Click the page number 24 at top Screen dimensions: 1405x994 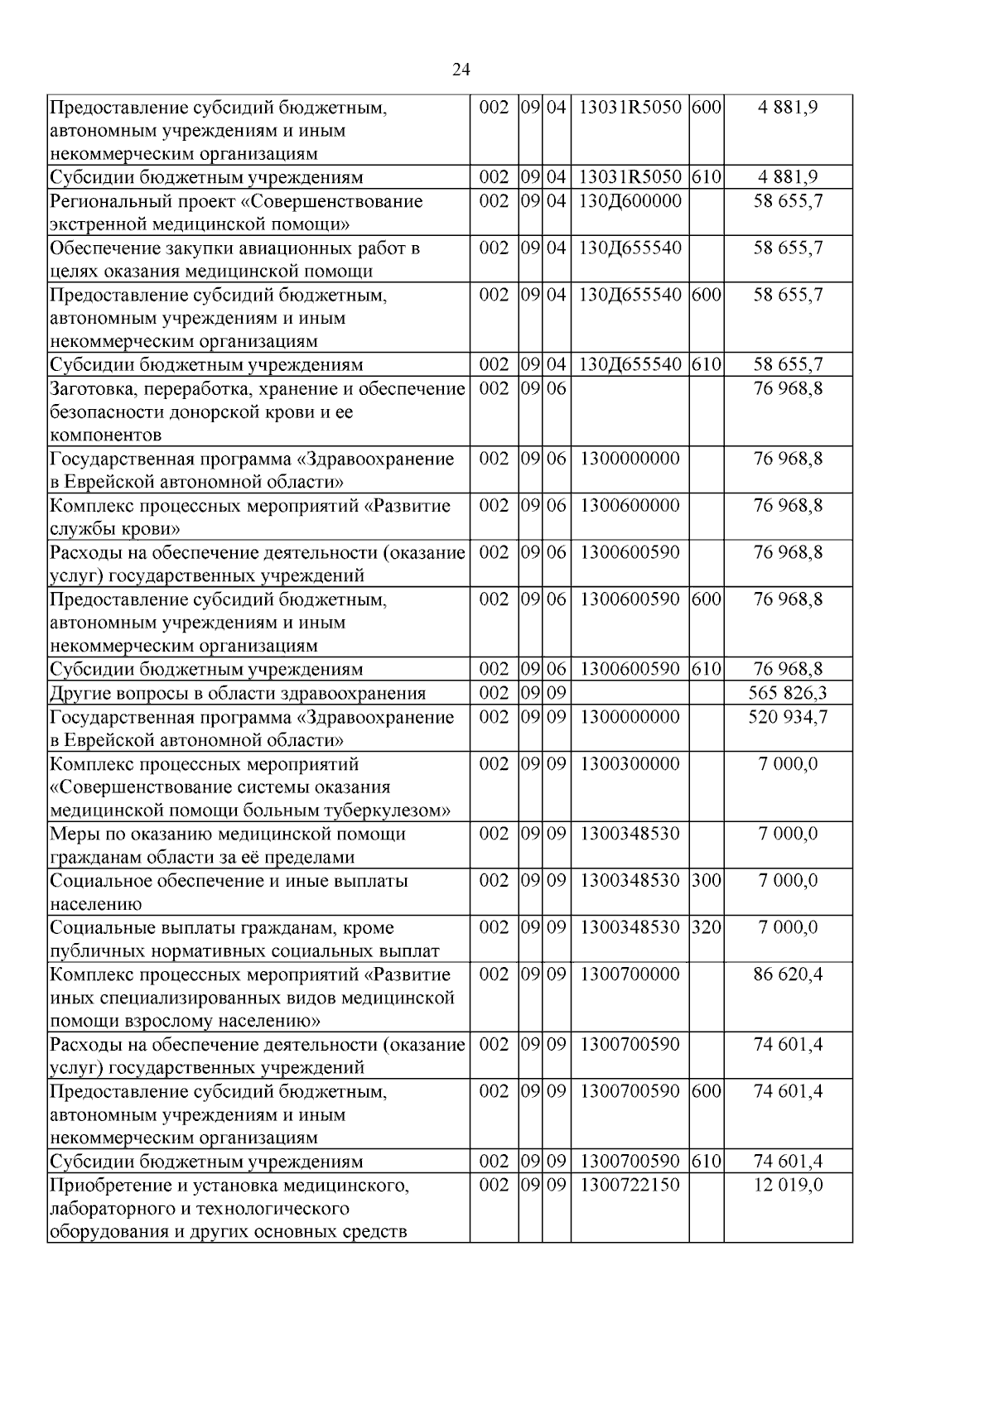pos(461,70)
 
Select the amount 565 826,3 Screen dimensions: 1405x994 pos(787,694)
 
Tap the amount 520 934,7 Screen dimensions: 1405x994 pos(787,717)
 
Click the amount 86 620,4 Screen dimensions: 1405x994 pos(787,974)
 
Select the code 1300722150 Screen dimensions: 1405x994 pos(630,1185)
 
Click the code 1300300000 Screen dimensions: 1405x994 pos(630,763)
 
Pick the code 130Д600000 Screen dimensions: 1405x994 pos(630,201)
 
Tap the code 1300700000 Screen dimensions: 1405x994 pos(630,974)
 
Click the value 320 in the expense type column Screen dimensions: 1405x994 pos(706,927)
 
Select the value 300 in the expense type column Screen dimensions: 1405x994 pos(706,881)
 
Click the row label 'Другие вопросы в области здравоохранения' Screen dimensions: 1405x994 pos(238,694)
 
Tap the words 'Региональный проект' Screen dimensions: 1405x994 pos(134,201)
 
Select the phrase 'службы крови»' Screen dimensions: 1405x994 pos(115,529)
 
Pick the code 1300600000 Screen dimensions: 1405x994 pos(630,505)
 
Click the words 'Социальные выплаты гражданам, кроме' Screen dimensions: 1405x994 pos(222,927)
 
